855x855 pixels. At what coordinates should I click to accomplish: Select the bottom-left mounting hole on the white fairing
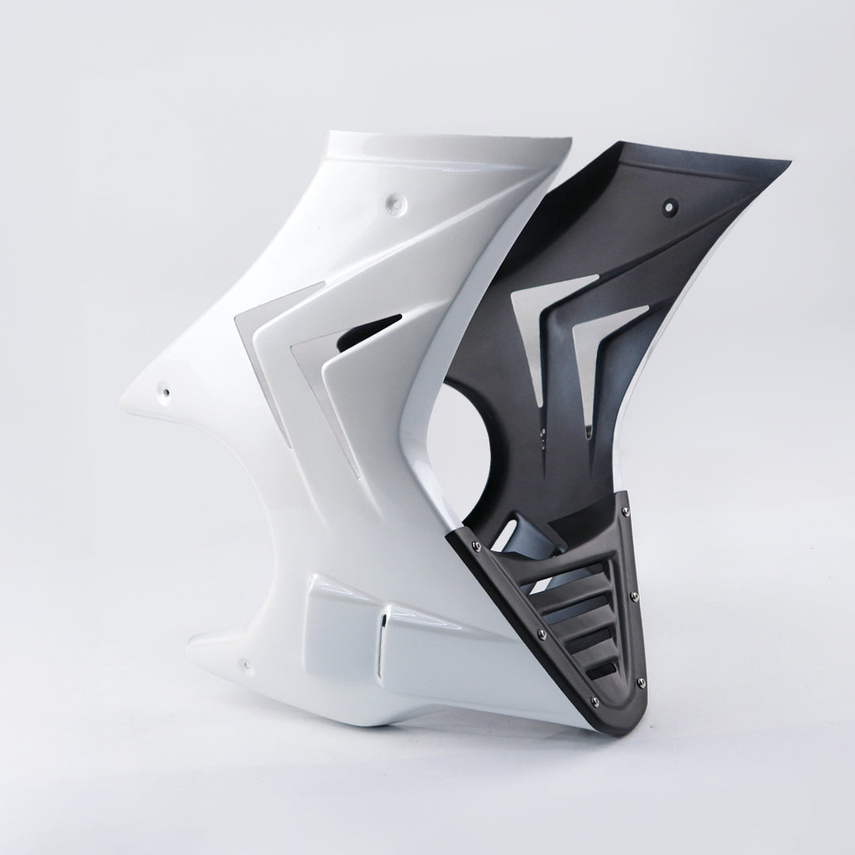(245, 663)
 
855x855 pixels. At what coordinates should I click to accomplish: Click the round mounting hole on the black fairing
(671, 207)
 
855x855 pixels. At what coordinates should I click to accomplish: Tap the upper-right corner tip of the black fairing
(789, 165)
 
